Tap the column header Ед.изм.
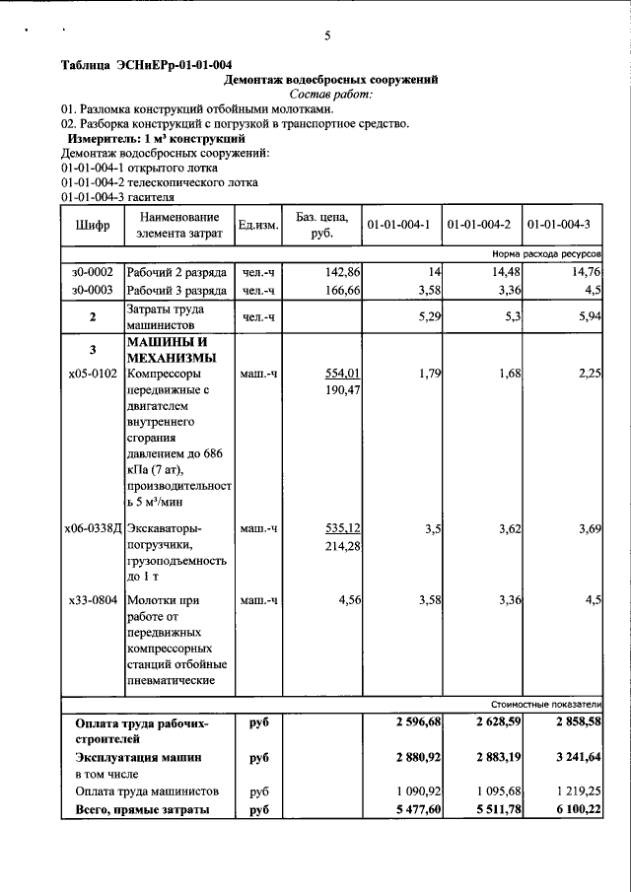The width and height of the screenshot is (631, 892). point(258,225)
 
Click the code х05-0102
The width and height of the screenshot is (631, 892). point(93,374)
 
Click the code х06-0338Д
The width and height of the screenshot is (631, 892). point(93,528)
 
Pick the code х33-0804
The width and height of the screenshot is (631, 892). point(93,599)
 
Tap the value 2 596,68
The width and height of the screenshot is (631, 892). point(417,722)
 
